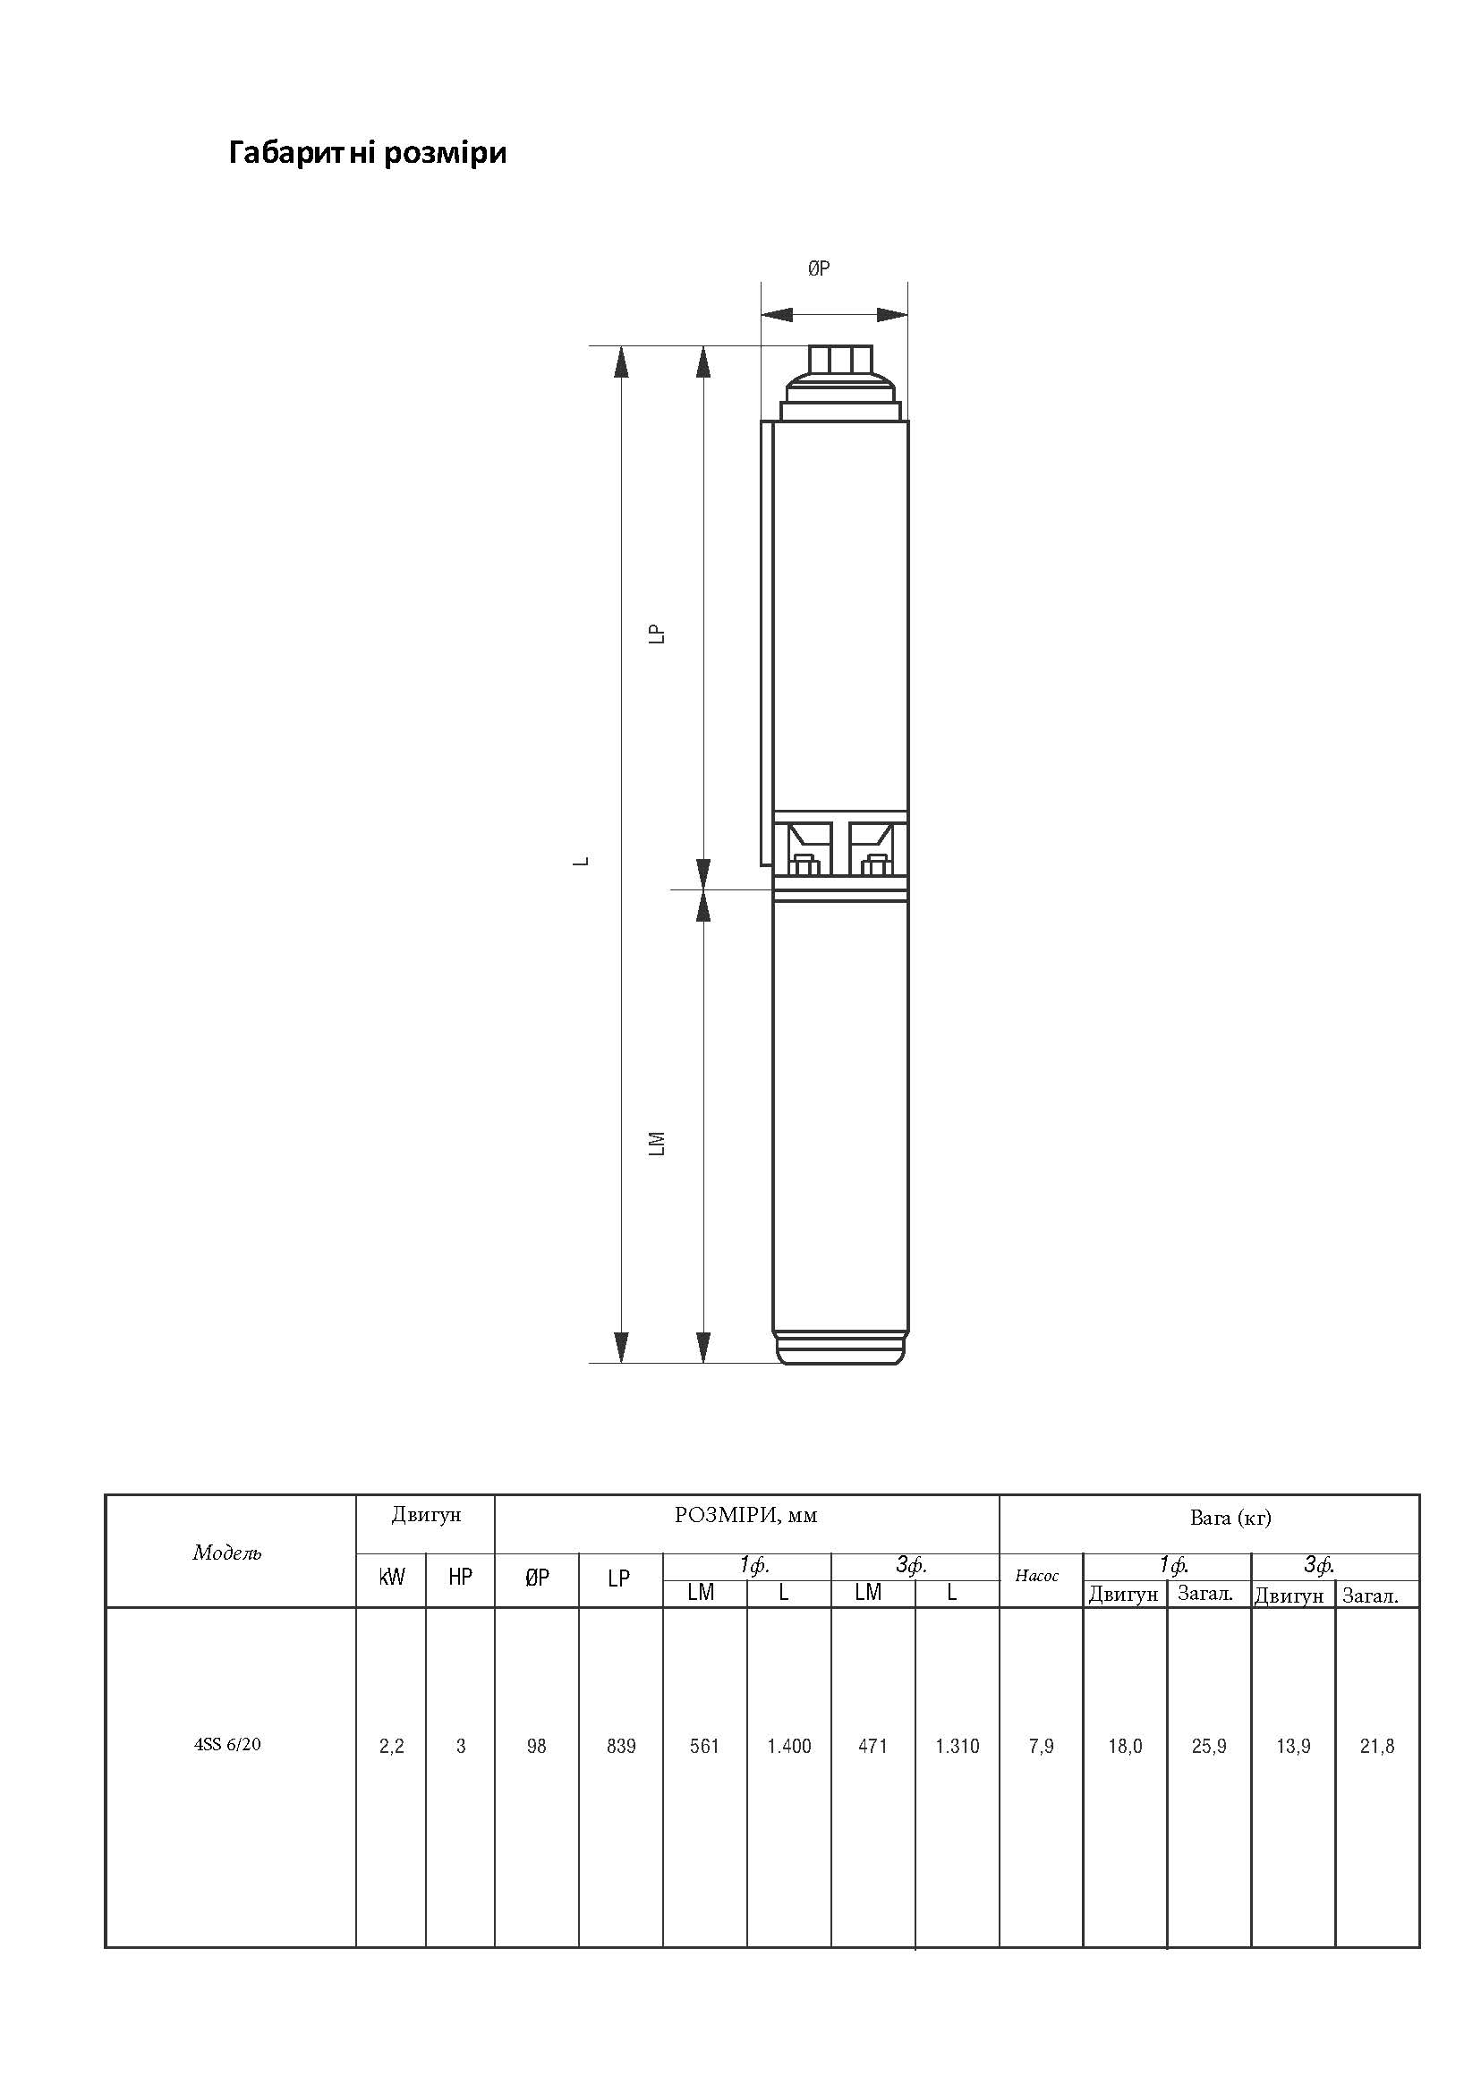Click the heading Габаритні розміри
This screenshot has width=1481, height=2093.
click(x=368, y=153)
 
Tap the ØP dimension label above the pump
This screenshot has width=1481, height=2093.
click(x=819, y=268)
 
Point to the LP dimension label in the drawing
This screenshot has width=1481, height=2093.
click(x=657, y=634)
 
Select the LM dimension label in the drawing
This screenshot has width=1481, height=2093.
click(x=657, y=1144)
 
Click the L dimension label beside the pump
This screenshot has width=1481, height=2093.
click(x=581, y=861)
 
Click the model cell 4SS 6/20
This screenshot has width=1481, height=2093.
click(x=227, y=1745)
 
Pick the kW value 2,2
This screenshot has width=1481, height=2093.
click(x=391, y=1747)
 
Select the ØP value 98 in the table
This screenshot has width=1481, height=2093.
click(x=536, y=1746)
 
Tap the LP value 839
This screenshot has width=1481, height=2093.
click(x=621, y=1746)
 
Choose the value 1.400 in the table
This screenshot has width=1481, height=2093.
click(x=789, y=1746)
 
